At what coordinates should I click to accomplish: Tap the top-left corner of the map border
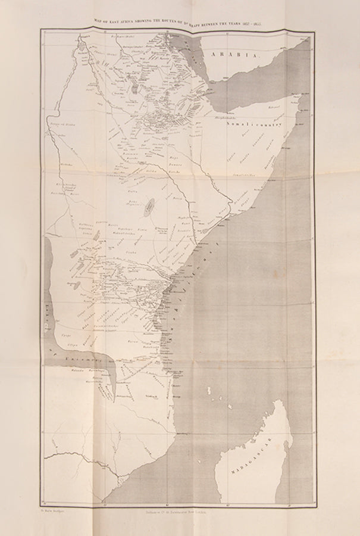40,29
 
